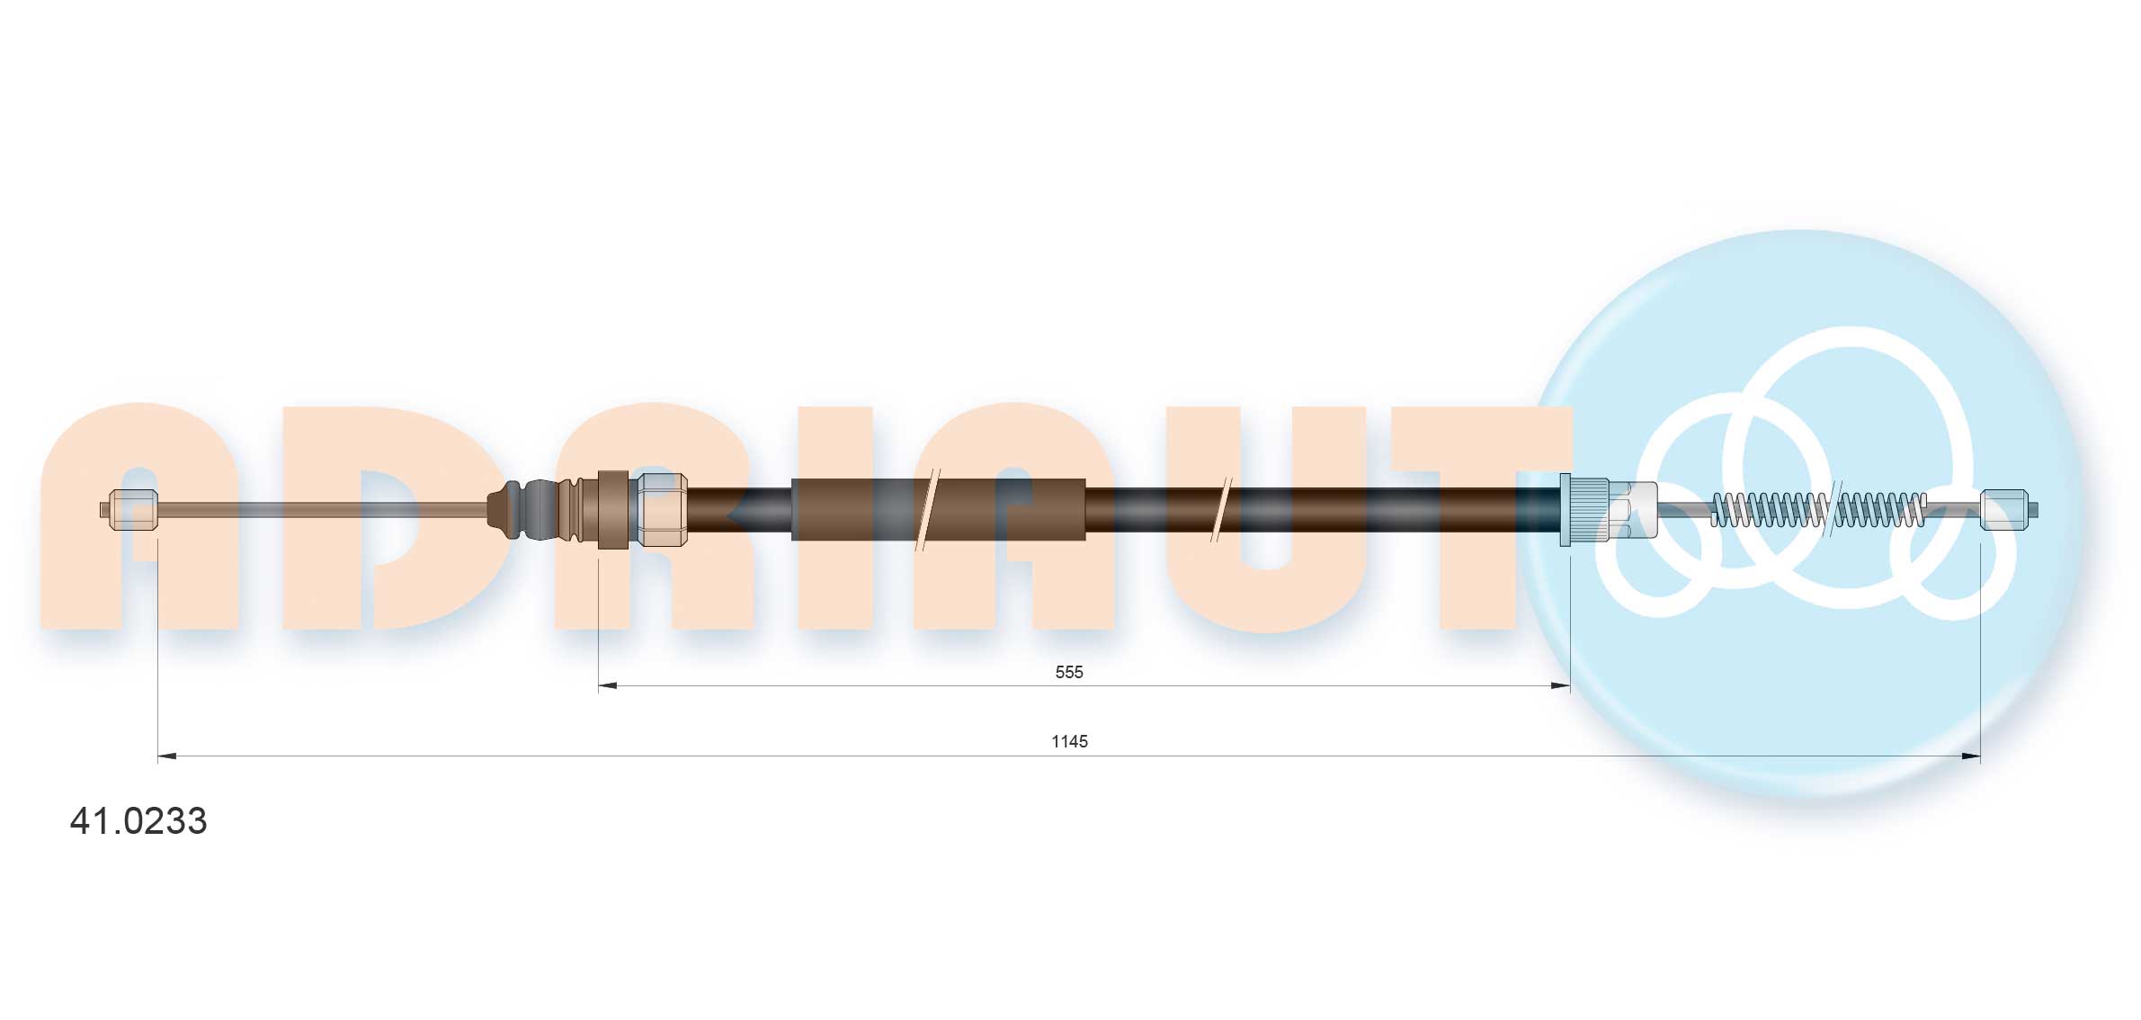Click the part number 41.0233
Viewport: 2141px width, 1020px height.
(x=138, y=821)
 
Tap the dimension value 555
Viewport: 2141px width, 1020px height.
(x=1069, y=672)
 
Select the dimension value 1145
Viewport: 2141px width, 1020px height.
(x=1069, y=741)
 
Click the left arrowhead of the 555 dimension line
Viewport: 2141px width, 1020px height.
(x=608, y=686)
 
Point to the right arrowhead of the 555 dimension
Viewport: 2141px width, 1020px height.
(x=1561, y=686)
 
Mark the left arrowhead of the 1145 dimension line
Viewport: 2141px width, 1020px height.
(x=167, y=756)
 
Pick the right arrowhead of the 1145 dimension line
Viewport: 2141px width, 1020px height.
(x=1971, y=756)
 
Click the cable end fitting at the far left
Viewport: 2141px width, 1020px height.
(x=129, y=510)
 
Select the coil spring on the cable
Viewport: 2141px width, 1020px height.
(x=1818, y=510)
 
